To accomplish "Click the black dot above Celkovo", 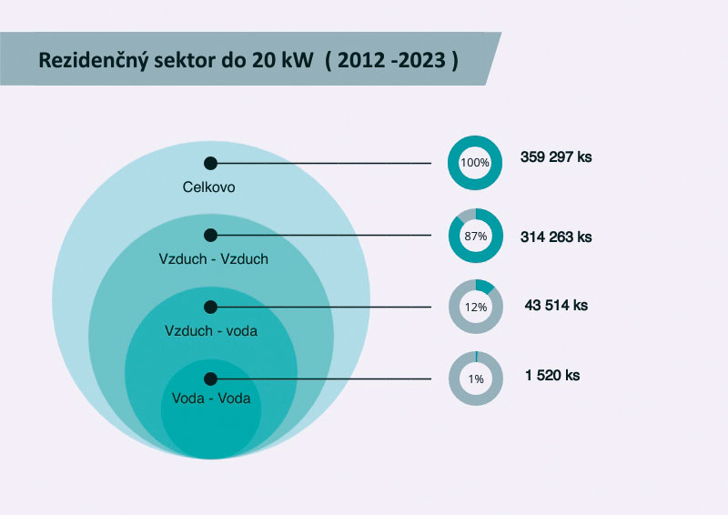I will tap(210, 163).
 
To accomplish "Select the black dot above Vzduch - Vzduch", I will tap(210, 236).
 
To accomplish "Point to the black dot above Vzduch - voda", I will tap(210, 307).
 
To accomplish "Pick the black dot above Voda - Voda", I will tap(210, 379).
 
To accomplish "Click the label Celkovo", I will tap(209, 187).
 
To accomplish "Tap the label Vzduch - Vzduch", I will tap(213, 259).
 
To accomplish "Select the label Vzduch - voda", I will tap(211, 330).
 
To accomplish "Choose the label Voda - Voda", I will tap(210, 399).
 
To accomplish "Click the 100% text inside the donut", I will tap(475, 163).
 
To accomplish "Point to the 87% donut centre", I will tap(475, 236).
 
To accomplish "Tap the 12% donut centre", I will tap(475, 307).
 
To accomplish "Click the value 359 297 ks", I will tap(556, 157).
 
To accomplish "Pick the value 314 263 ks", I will tap(556, 237).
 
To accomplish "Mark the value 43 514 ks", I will tap(556, 305).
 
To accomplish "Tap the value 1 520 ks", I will tap(552, 375).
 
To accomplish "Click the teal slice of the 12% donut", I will tap(485, 286).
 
